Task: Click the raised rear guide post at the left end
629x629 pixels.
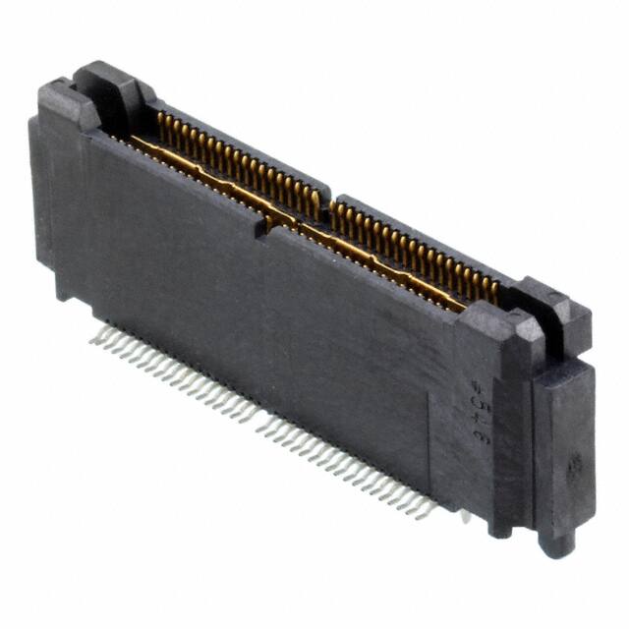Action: tap(106, 83)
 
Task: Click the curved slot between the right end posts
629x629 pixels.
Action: tap(536, 324)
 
